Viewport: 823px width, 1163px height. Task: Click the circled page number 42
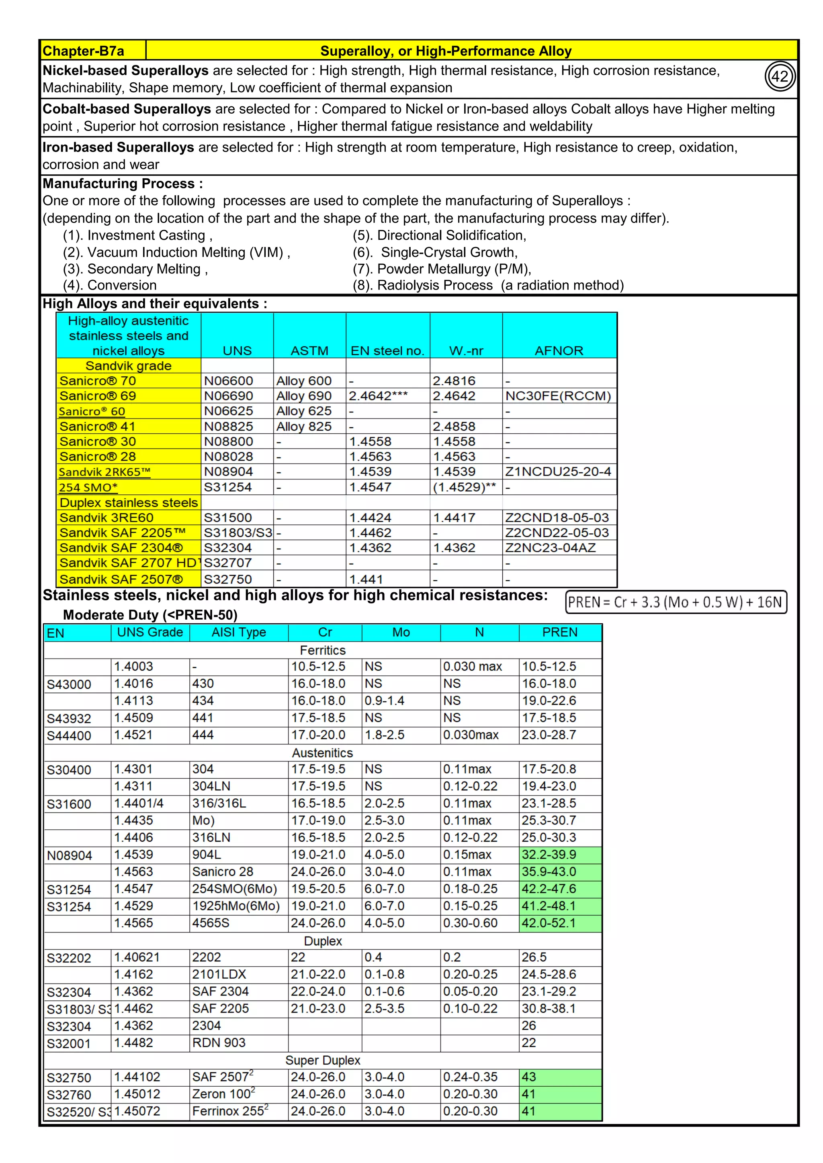coord(780,76)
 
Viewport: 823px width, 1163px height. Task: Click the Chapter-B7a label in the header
coord(84,51)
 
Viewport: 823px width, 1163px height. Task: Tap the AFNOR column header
coord(559,351)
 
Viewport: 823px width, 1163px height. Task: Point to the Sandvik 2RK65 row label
coord(105,472)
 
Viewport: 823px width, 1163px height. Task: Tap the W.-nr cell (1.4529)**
coord(464,487)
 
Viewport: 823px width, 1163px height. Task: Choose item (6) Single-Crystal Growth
coord(435,252)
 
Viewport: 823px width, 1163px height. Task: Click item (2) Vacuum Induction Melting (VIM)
coord(176,252)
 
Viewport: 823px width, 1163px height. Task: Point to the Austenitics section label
coord(322,753)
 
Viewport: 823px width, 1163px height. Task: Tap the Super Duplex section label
coord(322,1060)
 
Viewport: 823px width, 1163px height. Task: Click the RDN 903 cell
coord(219,1043)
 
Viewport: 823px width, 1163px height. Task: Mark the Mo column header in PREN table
coord(401,632)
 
